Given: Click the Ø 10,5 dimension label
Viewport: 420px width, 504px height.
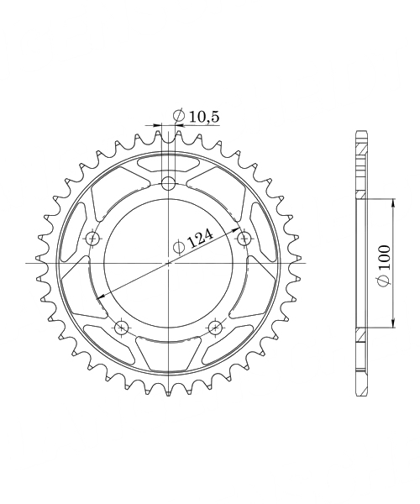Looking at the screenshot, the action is click(196, 116).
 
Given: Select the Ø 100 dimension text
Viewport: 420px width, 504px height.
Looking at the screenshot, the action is click(384, 265).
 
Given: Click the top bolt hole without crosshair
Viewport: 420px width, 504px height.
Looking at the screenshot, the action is click(168, 184).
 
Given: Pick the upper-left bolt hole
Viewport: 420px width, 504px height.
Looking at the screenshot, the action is click(93, 239).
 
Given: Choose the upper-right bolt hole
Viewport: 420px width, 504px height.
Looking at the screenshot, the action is click(244, 238).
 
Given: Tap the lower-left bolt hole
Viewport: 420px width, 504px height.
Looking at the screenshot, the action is click(122, 328).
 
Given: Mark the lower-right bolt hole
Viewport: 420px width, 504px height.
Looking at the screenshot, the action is click(215, 328).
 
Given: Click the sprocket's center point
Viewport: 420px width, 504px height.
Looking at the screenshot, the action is click(168, 263).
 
